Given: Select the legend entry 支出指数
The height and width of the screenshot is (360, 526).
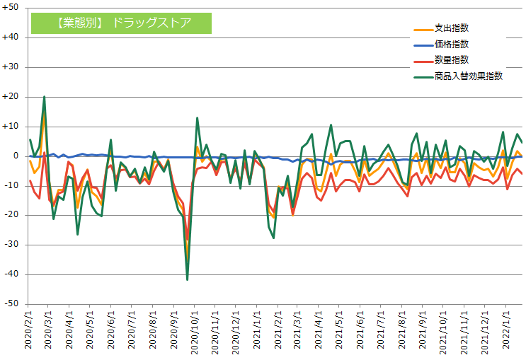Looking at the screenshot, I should [451, 28].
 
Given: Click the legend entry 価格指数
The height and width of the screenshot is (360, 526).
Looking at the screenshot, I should [451, 44].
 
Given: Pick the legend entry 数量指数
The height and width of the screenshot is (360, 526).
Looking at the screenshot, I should [451, 59].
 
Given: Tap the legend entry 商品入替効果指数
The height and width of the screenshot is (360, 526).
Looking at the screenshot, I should [468, 76].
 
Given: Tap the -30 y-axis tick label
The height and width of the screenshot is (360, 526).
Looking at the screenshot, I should [12, 245].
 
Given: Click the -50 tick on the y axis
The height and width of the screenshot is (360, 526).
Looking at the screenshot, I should [12, 304].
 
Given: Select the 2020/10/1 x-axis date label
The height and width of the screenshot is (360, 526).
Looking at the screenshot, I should [194, 332].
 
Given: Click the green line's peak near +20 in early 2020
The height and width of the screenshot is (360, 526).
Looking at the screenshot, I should [44, 97].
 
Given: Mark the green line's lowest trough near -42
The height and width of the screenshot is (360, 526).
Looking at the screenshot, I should [187, 279].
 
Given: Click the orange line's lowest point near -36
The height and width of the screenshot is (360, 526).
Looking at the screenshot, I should [187, 262].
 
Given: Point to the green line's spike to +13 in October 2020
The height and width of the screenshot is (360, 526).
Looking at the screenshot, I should [197, 118].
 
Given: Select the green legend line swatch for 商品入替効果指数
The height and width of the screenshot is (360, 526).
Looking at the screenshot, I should [423, 76].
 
